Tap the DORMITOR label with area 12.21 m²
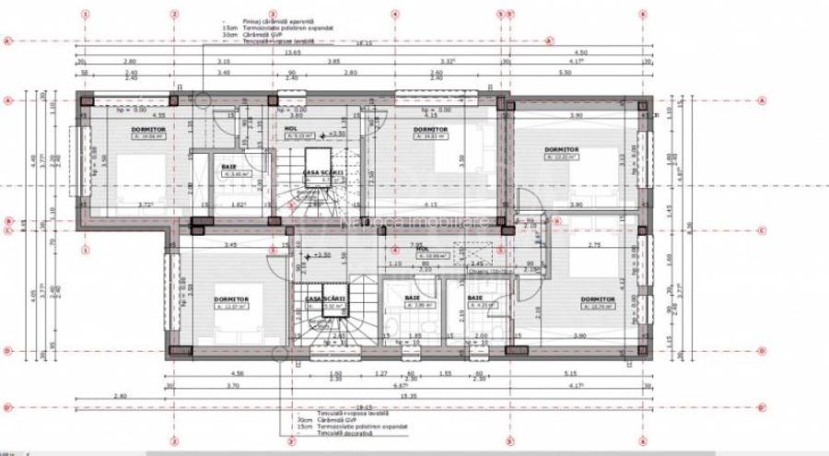click(561, 148)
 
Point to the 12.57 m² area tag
click(230, 308)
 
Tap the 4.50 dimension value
click(580, 53)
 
